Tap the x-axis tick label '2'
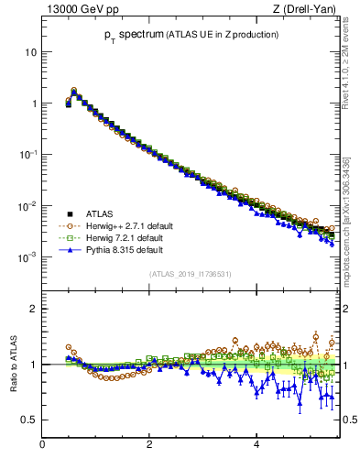coord(149,445)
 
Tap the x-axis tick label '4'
coord(256,445)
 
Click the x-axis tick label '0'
coord(42,445)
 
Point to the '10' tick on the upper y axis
coord(29,52)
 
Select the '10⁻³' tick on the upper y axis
coord(27,257)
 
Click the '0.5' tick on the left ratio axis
coord(29,420)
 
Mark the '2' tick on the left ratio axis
coord(34,309)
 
